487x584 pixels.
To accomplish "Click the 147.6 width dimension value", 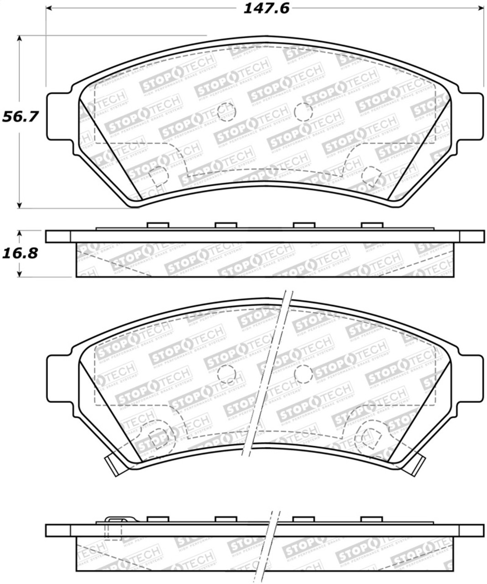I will click(x=266, y=9).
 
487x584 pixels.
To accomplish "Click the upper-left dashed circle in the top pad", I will click(x=226, y=112).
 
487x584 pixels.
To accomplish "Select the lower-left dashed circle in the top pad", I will click(x=158, y=175).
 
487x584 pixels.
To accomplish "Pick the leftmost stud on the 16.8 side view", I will click(x=159, y=225).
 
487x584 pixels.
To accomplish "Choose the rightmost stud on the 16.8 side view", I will click(x=372, y=225).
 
